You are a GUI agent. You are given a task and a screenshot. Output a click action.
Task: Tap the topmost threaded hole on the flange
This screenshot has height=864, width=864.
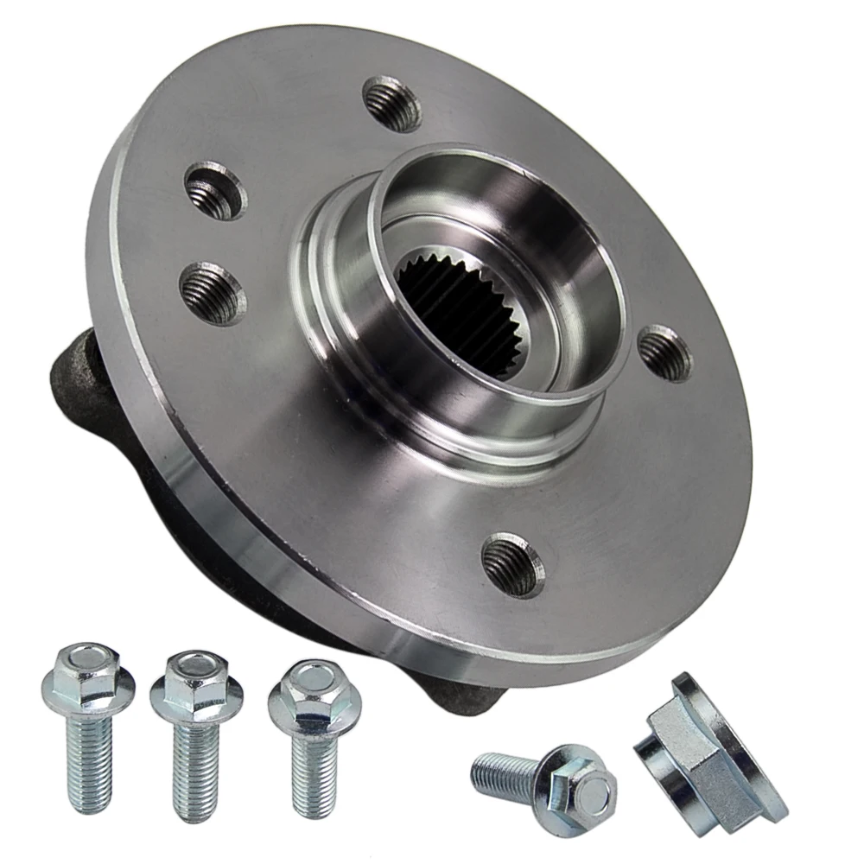[x=391, y=103]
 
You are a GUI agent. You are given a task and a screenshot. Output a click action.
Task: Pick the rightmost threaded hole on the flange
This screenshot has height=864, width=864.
[x=665, y=353]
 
